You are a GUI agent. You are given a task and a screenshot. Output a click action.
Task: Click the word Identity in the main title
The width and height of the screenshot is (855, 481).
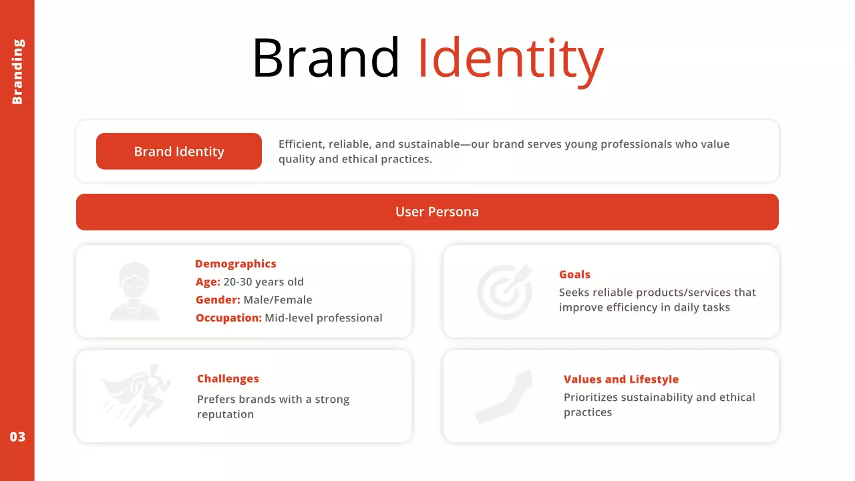point(510,59)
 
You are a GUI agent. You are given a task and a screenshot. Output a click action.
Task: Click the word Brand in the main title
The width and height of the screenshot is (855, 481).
point(325,59)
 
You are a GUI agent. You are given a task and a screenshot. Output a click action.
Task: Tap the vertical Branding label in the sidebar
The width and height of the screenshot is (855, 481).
point(17,71)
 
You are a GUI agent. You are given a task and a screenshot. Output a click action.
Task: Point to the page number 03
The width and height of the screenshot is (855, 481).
point(17,437)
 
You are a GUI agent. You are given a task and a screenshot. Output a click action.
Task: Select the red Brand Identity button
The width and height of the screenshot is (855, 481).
point(179,152)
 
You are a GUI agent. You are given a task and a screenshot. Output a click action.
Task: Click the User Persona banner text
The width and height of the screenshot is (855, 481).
point(437,212)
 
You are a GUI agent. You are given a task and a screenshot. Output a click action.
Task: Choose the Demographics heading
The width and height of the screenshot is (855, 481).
point(235,264)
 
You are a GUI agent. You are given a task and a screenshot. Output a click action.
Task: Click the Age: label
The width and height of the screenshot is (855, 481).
point(208,282)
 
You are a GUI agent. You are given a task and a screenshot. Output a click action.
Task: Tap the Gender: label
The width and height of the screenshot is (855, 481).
point(218,300)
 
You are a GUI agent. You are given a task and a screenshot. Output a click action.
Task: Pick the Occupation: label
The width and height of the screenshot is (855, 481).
point(228,318)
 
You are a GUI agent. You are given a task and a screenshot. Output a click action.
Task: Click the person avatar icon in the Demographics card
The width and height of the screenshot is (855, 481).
point(134,291)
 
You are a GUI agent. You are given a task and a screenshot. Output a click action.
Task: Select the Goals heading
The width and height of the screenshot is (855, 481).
point(574,275)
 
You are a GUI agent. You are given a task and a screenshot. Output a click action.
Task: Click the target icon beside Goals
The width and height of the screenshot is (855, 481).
point(505,291)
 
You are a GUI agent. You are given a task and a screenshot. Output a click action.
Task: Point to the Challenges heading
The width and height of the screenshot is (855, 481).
point(228,379)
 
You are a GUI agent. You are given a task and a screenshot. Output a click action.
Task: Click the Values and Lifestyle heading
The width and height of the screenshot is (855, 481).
point(621,379)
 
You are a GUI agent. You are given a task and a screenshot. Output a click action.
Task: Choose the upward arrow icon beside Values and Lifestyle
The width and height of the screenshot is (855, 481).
point(503,396)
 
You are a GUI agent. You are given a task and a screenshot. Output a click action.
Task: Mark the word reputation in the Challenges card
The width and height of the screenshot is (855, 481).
point(225,414)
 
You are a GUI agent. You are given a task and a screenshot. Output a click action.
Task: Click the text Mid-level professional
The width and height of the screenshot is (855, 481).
point(323,318)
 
